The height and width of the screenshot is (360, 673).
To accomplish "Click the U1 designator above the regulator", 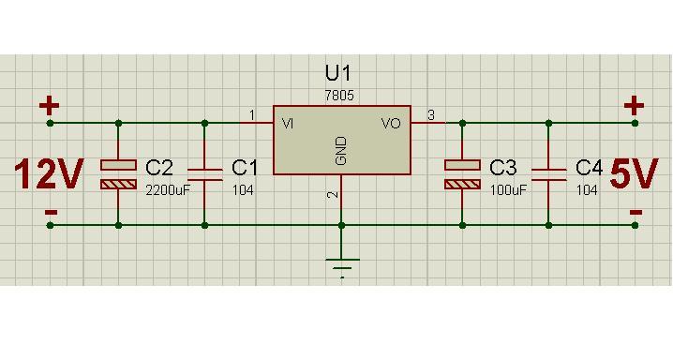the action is tap(337, 73).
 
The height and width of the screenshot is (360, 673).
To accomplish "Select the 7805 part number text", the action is tap(339, 96).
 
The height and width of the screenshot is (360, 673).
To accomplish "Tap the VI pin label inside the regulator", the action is tap(288, 124).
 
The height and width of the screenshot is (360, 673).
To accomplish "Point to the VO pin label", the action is tap(391, 124).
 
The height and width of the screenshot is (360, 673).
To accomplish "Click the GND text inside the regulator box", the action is tap(341, 151).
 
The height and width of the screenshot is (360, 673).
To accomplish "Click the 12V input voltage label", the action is tap(48, 173).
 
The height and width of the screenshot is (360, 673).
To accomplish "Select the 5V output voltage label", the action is tap(634, 173).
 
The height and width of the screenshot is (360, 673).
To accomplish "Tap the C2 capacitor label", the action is tap(159, 167).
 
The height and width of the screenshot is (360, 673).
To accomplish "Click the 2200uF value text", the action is tap(168, 190).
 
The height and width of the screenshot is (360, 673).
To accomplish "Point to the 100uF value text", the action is tap(508, 190).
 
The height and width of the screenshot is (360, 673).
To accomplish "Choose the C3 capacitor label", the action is tap(503, 167).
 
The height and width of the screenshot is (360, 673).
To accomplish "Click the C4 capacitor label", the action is tap(590, 167).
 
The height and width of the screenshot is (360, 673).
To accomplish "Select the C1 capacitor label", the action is tap(245, 167).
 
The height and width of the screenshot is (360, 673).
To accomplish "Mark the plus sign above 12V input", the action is tap(50, 106).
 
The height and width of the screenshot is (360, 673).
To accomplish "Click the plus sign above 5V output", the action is tap(634, 106).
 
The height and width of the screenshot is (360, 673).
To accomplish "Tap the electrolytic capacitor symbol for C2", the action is tap(118, 174).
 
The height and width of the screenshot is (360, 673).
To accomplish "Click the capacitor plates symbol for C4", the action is tap(548, 174).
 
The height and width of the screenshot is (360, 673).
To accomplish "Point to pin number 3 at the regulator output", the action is tap(431, 115).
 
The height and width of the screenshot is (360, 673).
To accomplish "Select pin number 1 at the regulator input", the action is tap(252, 115).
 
